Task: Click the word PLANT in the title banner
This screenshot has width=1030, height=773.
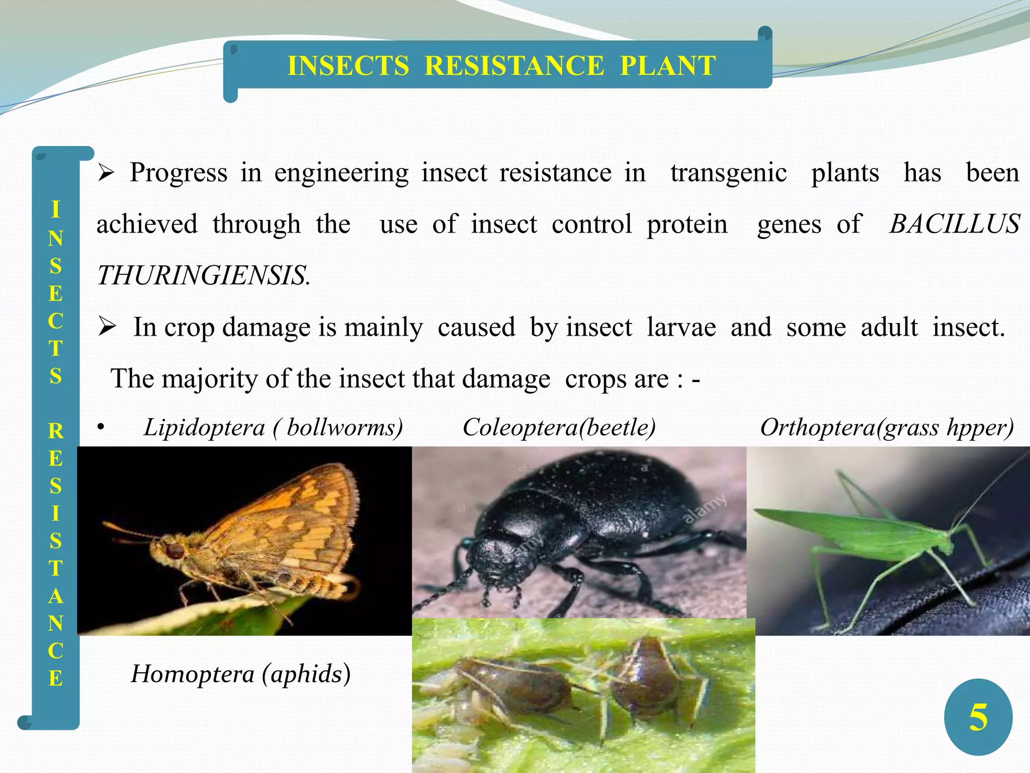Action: tap(667, 66)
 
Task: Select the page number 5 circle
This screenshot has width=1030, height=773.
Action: tap(978, 717)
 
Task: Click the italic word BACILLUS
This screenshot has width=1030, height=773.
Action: tap(954, 224)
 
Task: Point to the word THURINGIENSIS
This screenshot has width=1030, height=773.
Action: tap(203, 276)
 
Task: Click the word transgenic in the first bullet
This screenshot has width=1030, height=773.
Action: tap(728, 173)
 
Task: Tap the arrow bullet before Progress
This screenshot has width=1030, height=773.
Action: tap(107, 174)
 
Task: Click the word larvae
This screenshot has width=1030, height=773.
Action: tap(681, 327)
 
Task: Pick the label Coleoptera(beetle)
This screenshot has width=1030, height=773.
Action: tap(559, 428)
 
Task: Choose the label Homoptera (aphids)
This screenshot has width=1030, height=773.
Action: tap(240, 674)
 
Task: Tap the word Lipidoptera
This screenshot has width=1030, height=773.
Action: tap(204, 428)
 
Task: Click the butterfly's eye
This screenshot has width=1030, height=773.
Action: tap(175, 551)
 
